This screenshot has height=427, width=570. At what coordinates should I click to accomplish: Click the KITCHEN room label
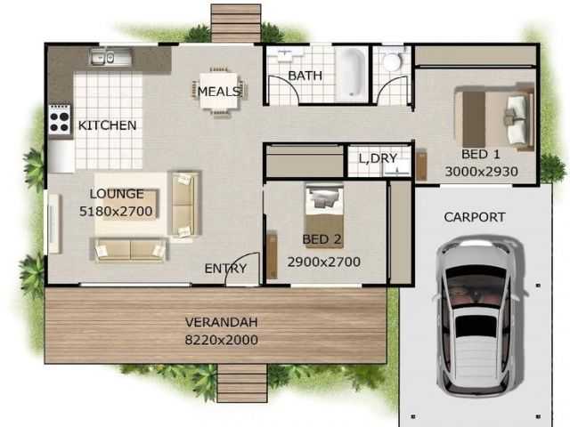pyautogui.click(x=107, y=125)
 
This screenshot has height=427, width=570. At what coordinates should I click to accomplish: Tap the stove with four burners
pyautogui.click(x=60, y=120)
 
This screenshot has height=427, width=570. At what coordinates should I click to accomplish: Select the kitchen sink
pyautogui.click(x=110, y=58)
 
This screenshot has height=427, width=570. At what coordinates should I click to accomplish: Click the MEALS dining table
pyautogui.click(x=218, y=92)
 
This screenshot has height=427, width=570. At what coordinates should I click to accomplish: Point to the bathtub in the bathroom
pyautogui.click(x=351, y=74)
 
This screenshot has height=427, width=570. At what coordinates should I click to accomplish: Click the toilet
pyautogui.click(x=392, y=60)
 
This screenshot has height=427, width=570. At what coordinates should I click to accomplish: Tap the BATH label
pyautogui.click(x=305, y=76)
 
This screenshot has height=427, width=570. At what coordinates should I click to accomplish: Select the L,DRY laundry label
pyautogui.click(x=378, y=158)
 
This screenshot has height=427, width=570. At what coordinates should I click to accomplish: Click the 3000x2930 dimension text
pyautogui.click(x=481, y=172)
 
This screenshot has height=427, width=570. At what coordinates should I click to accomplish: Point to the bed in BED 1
pyautogui.click(x=494, y=118)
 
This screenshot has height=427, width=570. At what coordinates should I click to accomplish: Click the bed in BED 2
pyautogui.click(x=324, y=216)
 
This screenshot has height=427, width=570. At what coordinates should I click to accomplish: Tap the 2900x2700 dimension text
pyautogui.click(x=324, y=262)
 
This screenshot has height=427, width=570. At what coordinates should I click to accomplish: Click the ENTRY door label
pyautogui.click(x=225, y=269)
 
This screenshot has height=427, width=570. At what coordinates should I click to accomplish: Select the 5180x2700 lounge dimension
pyautogui.click(x=116, y=211)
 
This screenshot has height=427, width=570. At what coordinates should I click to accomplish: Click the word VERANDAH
pyautogui.click(x=222, y=322)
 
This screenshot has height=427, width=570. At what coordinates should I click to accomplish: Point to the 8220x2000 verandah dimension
pyautogui.click(x=222, y=340)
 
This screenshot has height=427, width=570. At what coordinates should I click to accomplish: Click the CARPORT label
pyautogui.click(x=475, y=217)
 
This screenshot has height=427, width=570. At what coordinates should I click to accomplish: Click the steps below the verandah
pyautogui.click(x=242, y=383)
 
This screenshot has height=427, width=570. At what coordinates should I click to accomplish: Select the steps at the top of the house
pyautogui.click(x=236, y=24)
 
